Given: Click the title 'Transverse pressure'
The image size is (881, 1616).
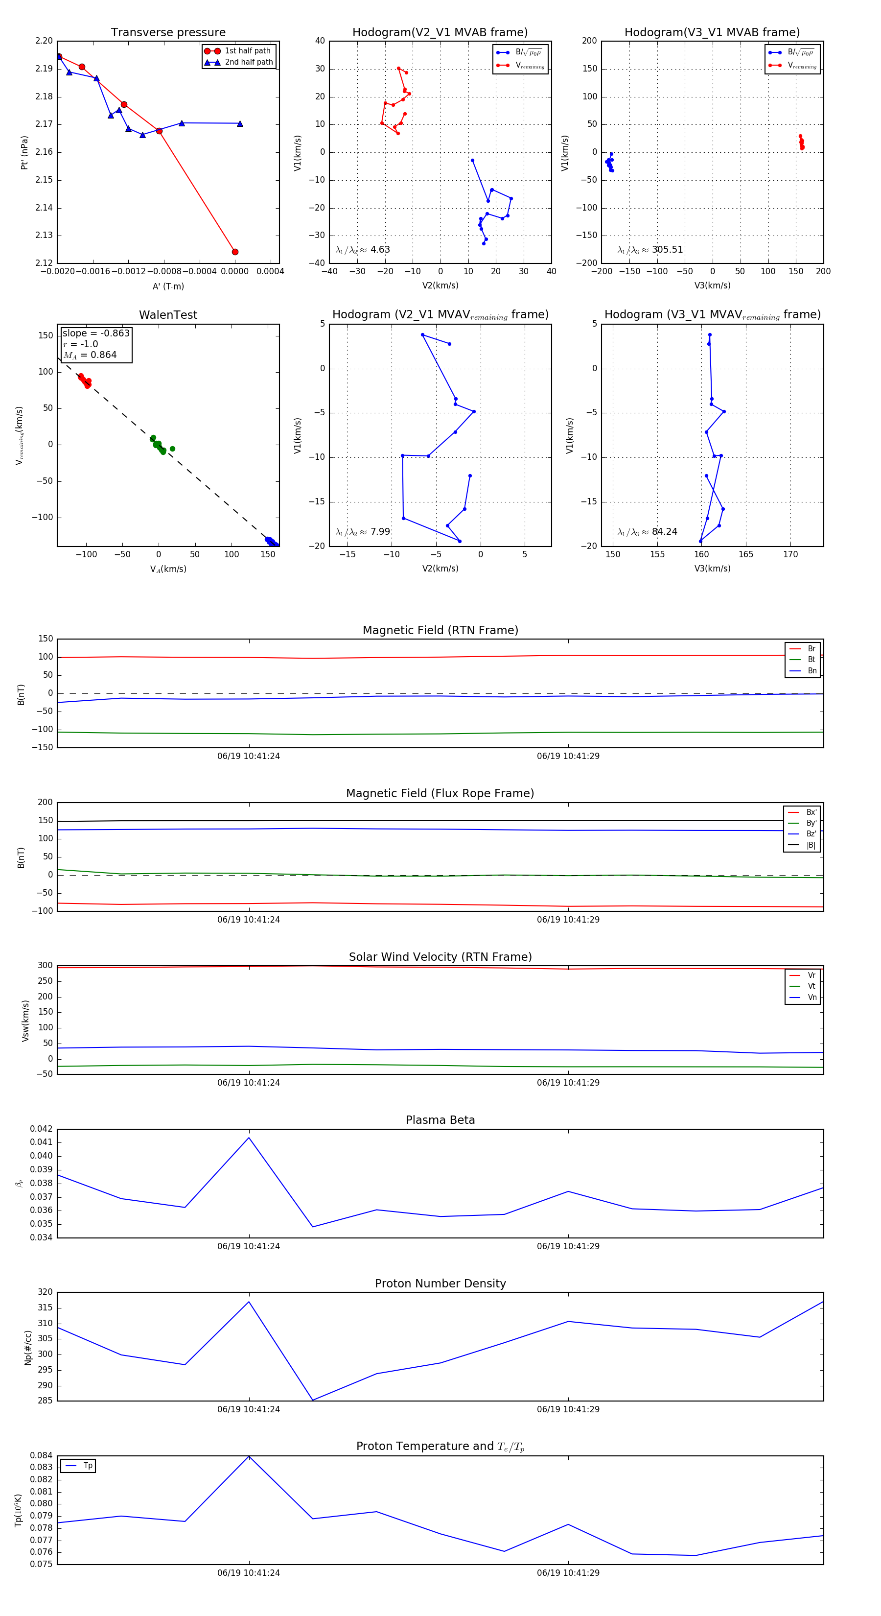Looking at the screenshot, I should tap(168, 33).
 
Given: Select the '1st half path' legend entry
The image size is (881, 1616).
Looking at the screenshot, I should tap(248, 51).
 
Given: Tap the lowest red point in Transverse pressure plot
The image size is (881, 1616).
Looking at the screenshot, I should tap(235, 252).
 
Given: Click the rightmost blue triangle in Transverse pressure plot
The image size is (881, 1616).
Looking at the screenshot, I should tap(240, 123).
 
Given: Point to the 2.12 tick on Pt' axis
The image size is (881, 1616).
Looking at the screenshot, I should tap(44, 263).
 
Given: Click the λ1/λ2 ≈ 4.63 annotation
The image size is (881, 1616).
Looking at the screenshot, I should tap(362, 250).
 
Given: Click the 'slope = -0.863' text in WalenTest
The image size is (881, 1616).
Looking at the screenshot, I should tap(96, 333).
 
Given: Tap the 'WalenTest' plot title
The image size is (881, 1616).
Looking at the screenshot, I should tap(168, 315).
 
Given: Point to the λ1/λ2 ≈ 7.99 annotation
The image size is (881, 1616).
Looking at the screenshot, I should tap(362, 532).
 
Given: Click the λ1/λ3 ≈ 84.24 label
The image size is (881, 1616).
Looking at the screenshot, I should tap(647, 532).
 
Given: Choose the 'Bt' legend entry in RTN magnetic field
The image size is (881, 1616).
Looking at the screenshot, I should tap(811, 659).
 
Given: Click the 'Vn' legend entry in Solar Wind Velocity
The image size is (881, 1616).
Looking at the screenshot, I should tap(812, 998).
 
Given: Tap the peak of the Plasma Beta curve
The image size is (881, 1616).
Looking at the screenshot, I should tap(249, 1138).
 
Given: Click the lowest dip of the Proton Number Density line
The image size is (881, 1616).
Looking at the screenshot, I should tap(313, 1400).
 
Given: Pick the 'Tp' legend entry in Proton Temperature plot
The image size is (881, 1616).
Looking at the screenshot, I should tap(88, 1466).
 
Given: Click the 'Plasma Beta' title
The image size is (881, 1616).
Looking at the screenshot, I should tap(440, 1120).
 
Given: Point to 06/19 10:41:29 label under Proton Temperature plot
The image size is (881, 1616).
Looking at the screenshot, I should tap(568, 1573).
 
